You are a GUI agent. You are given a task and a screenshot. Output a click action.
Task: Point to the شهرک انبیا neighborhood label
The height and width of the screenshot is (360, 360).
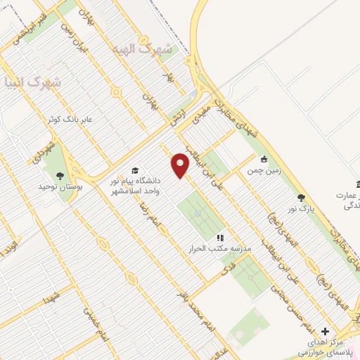[x=31, y=82]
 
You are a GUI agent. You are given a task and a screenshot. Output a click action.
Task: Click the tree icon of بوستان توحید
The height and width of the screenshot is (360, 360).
[x=59, y=175]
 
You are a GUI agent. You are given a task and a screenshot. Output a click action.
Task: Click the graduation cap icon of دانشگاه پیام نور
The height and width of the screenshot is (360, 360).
[x=134, y=171]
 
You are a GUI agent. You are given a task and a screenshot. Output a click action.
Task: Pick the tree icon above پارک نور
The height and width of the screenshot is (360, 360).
[x=302, y=198]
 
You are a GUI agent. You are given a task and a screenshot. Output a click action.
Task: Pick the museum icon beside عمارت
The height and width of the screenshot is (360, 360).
[x=357, y=184]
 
